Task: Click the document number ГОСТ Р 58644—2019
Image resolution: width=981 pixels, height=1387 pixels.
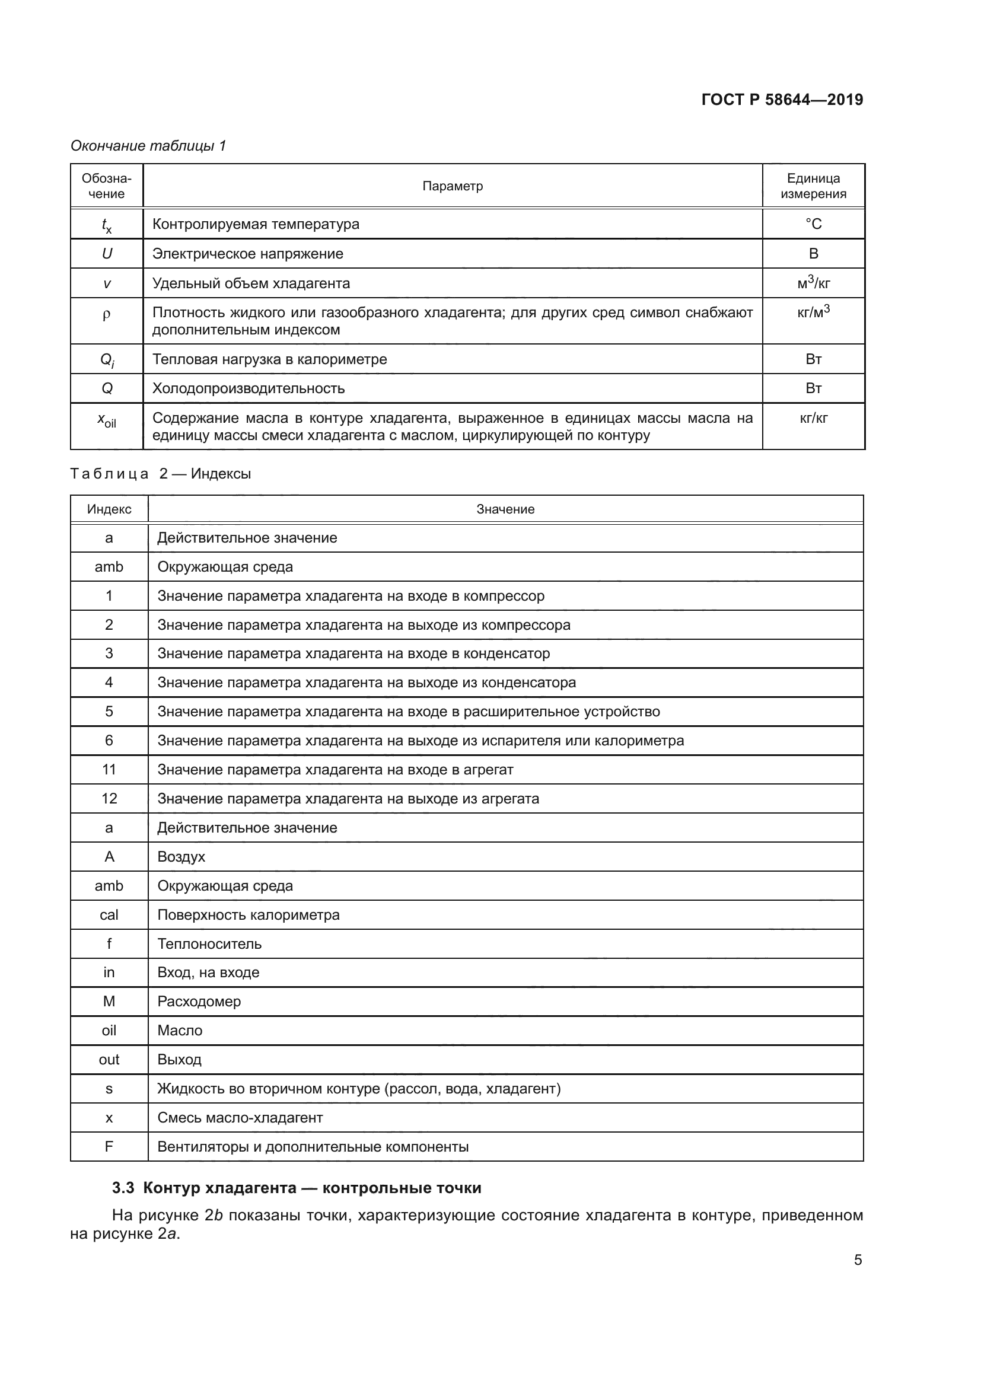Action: pos(782,100)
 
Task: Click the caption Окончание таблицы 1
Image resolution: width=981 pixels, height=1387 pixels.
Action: pos(148,146)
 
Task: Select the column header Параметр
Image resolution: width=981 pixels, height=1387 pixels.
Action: pos(452,186)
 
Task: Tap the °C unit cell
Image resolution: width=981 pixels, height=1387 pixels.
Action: pos(813,224)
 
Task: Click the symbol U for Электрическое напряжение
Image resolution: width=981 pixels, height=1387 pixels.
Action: pos(107,254)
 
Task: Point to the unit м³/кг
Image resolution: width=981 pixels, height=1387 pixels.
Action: pos(813,283)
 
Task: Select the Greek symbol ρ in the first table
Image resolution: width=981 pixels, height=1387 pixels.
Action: pos(107,315)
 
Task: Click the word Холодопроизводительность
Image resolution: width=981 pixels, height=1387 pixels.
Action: pos(249,388)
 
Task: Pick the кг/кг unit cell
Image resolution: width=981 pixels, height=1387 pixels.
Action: pos(813,418)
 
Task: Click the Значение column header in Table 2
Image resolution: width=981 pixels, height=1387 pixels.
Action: pos(505,509)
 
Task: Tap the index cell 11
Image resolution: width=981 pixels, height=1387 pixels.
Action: pos(109,770)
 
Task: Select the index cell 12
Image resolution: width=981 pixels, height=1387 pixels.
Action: pos(109,799)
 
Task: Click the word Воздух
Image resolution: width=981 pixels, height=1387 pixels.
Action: pos(181,857)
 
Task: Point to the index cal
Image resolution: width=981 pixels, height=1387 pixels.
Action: pos(109,914)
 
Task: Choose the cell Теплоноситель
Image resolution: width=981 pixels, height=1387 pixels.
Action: pos(209,943)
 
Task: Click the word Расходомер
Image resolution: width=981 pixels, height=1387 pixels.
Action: pos(199,1002)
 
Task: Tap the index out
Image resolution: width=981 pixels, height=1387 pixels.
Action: pos(109,1060)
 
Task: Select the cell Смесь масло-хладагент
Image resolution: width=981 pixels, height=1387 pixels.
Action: pos(240,1118)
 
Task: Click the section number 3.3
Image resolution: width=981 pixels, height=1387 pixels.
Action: pos(123,1188)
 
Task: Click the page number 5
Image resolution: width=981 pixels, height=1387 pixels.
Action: pos(857,1260)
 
